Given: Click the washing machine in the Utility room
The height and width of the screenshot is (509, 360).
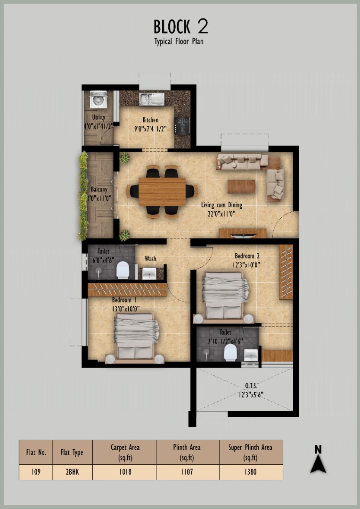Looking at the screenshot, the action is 98,99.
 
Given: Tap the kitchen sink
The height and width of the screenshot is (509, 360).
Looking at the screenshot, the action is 152,99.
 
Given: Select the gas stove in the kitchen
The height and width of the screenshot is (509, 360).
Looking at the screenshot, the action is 182,125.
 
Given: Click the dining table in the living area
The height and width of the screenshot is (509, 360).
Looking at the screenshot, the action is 162,191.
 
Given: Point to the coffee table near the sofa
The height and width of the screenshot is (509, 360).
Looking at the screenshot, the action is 241,187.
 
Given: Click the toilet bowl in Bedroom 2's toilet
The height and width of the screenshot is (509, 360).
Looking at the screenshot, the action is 230,352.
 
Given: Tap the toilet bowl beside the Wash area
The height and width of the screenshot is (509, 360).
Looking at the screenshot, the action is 123,270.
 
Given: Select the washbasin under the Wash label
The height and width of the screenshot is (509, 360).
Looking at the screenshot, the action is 149,274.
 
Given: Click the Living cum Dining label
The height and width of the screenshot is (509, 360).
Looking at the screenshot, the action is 221,205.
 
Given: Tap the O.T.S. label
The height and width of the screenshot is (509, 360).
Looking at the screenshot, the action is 251,386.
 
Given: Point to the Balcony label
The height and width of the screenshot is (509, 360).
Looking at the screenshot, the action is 99,189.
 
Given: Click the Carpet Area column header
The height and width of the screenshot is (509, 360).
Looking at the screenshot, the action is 125,452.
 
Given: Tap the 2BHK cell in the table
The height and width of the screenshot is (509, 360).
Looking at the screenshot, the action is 72,472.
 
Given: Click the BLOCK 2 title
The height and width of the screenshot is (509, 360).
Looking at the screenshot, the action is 181,26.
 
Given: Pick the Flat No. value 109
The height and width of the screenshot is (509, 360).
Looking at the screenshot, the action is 36,472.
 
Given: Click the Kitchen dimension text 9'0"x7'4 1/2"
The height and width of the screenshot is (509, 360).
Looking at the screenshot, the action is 150,129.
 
